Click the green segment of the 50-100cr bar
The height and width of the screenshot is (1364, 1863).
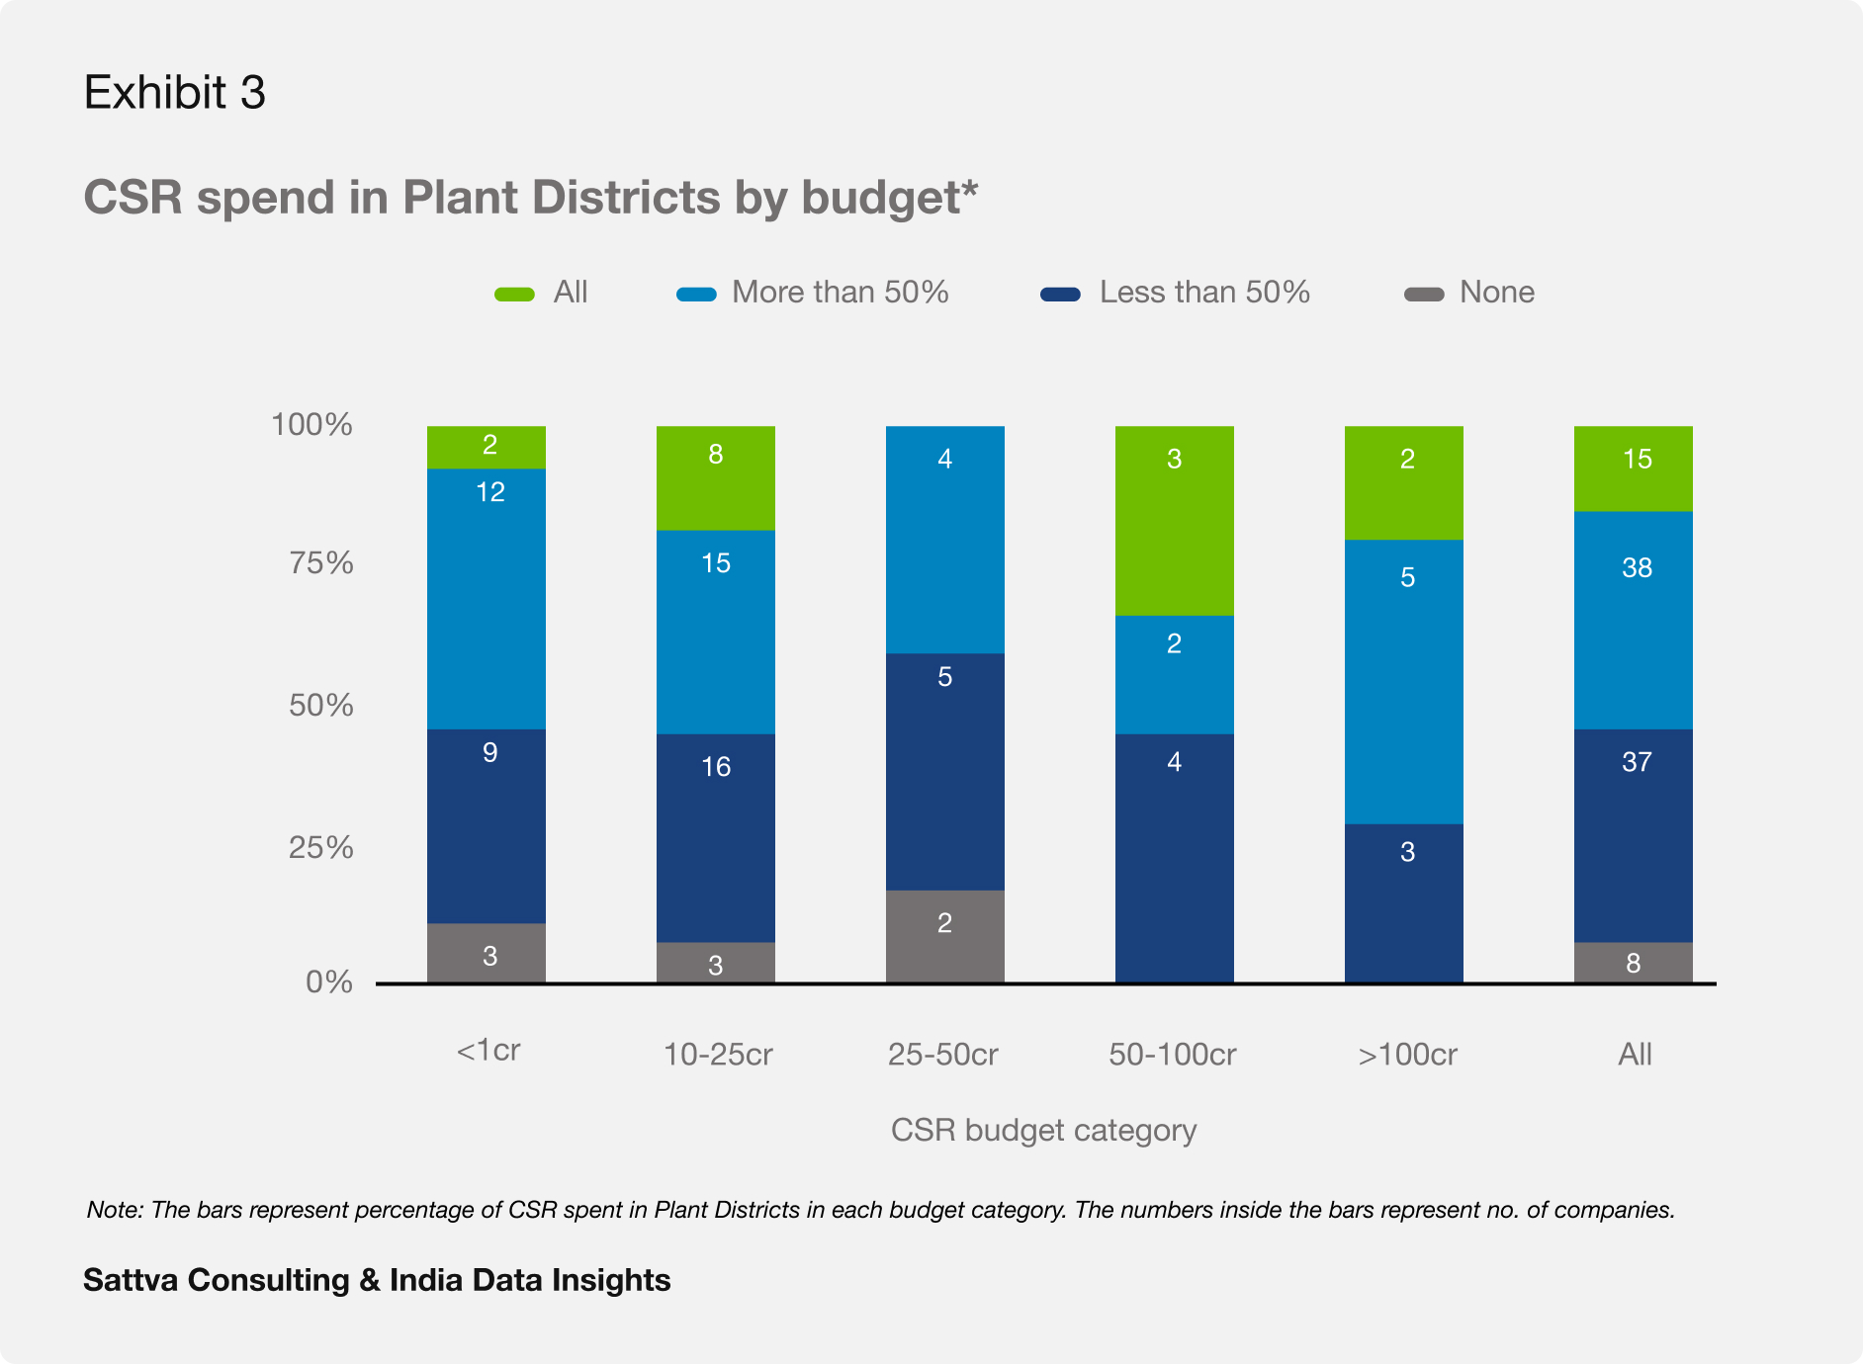point(1174,521)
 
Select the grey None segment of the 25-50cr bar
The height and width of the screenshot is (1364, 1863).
point(944,936)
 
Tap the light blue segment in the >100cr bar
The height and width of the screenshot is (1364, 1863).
point(1403,682)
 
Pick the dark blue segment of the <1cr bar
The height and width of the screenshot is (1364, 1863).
point(486,826)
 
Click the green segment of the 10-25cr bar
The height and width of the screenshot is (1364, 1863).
point(715,478)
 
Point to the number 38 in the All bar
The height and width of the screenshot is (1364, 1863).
point(1637,567)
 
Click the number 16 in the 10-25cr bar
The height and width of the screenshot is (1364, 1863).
point(715,766)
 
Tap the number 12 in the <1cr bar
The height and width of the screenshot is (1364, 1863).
point(489,491)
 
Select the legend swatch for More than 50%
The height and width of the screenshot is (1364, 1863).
point(696,294)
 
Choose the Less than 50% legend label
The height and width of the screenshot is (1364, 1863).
point(1204,292)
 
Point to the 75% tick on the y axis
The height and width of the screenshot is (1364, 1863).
point(320,562)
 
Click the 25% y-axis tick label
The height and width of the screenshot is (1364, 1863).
point(320,847)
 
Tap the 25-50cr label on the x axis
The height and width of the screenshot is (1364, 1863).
point(942,1054)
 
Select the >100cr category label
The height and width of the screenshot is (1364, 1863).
point(1407,1054)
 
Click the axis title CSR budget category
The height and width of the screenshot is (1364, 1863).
point(1043,1130)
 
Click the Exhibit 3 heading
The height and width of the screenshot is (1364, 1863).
point(175,92)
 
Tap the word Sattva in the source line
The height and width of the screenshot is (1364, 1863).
point(131,1280)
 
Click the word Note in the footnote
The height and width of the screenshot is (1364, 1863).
point(115,1210)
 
